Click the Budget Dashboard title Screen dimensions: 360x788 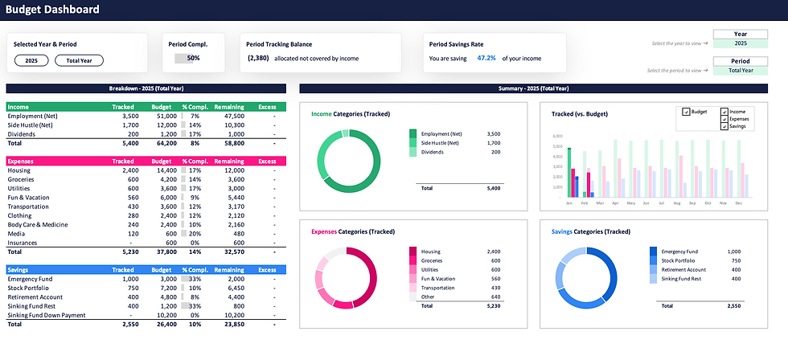click(53, 10)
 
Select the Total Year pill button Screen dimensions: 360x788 click(79, 60)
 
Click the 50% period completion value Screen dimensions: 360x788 click(193, 59)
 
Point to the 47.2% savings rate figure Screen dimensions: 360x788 click(486, 59)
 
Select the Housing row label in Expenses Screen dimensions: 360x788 click(19, 170)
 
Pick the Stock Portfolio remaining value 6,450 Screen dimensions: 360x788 click(234, 287)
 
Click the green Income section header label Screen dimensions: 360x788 click(19, 106)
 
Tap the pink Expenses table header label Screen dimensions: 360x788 click(23, 161)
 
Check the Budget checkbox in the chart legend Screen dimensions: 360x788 click(686, 112)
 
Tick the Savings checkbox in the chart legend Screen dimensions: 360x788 click(724, 126)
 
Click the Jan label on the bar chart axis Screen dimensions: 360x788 click(568, 203)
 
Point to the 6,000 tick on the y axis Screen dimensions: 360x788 click(558, 137)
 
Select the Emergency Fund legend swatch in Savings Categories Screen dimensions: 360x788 click(654, 252)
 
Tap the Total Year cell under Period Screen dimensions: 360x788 click(741, 70)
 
